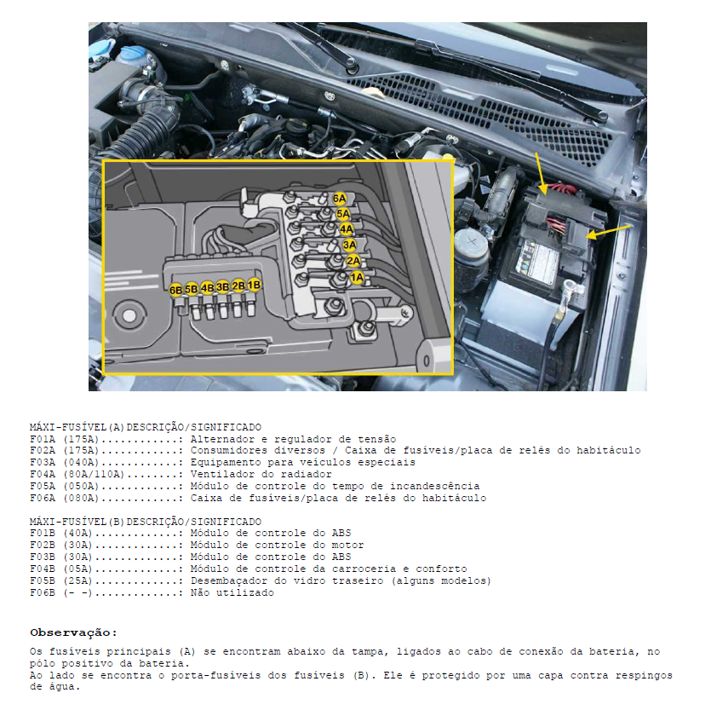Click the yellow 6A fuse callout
[x=339, y=199]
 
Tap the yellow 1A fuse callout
[x=357, y=277]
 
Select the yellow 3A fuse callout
[x=349, y=245]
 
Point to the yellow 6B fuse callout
[x=175, y=290]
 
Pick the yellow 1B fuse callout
[x=254, y=285]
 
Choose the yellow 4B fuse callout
[x=207, y=288]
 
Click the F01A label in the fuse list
[x=43, y=439]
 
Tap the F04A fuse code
[x=43, y=474]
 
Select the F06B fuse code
[x=43, y=592]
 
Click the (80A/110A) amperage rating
[x=94, y=474]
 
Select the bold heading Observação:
[x=73, y=632]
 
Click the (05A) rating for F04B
[x=77, y=569]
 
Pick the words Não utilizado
[x=232, y=592]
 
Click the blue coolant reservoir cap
[x=104, y=47]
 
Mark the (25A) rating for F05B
[x=77, y=580]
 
